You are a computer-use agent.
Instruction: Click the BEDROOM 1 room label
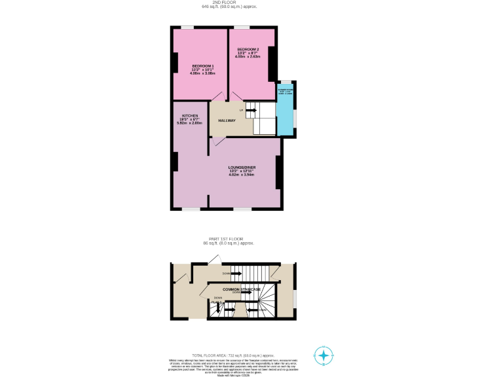(202, 66)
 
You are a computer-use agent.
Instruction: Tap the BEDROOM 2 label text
(248, 50)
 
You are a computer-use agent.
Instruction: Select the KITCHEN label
(190, 116)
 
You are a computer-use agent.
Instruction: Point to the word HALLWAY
(227, 120)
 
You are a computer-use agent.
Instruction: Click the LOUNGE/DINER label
(242, 168)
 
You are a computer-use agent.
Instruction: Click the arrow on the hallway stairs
(250, 110)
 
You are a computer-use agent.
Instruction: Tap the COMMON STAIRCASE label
(241, 289)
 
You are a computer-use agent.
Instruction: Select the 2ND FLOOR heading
(229, 3)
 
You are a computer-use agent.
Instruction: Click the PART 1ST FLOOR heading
(228, 239)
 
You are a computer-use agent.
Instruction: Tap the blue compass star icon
(323, 355)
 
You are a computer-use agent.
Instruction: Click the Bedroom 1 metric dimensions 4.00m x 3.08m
(202, 73)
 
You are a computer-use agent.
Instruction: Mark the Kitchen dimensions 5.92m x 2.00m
(190, 123)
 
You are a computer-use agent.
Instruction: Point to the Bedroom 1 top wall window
(187, 27)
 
